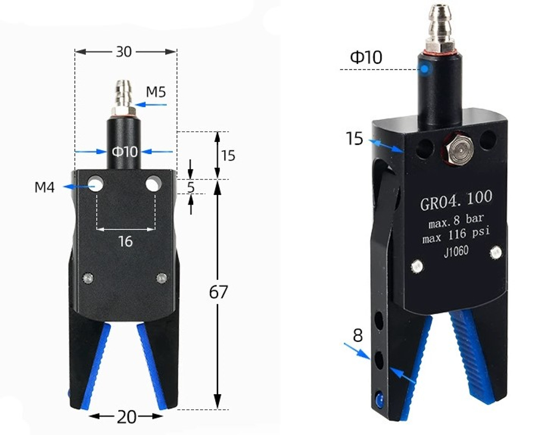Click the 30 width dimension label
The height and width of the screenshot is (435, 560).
click(x=124, y=52)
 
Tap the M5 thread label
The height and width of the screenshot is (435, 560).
click(x=156, y=92)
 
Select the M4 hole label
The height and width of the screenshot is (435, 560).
click(x=45, y=187)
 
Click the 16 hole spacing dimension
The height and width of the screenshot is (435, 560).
click(x=125, y=241)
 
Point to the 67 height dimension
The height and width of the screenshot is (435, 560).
click(x=219, y=292)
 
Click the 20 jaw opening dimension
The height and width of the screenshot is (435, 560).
click(x=126, y=417)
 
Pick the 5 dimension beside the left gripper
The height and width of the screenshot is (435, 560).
click(x=191, y=187)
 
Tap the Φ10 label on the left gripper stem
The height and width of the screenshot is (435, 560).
click(x=124, y=151)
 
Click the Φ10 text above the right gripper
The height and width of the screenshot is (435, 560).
click(x=366, y=57)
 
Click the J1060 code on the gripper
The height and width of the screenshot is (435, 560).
click(x=456, y=252)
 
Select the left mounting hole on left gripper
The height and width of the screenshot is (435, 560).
click(x=96, y=184)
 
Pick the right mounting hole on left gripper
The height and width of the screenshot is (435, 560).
click(x=153, y=183)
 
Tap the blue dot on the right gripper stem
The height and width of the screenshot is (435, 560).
click(x=426, y=69)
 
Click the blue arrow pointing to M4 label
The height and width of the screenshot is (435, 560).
click(x=76, y=186)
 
